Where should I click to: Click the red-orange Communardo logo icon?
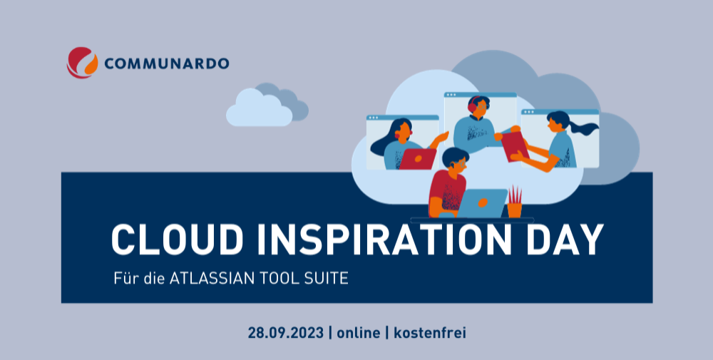[82, 63]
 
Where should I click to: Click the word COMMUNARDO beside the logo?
[166, 63]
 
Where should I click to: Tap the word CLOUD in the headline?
[178, 240]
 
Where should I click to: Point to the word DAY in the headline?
[564, 240]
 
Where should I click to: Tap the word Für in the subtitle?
[126, 278]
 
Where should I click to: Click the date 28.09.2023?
[286, 333]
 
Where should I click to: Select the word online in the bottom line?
[359, 333]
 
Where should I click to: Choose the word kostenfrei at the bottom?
[430, 333]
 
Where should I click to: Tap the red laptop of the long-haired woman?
[418, 159]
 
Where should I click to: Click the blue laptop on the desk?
[482, 203]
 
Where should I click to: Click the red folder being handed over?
[515, 146]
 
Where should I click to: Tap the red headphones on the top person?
[473, 105]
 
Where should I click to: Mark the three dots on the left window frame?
[374, 118]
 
